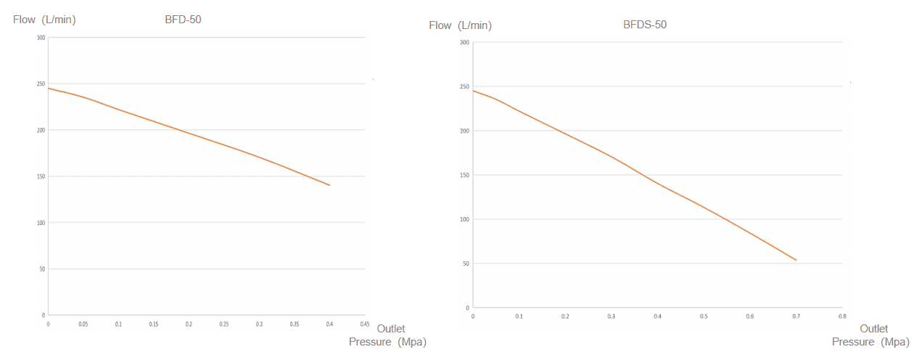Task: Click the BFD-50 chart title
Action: point(183,20)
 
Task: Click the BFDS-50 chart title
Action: point(645,25)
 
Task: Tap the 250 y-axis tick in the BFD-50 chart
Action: point(41,84)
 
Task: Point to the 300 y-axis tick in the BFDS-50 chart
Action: point(465,42)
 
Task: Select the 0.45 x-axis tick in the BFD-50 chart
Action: point(365,324)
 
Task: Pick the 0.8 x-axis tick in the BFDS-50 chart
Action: point(842,316)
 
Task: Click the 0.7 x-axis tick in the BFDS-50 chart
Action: point(796,316)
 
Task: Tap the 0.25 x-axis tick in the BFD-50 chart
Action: point(224,324)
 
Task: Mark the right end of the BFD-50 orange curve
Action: point(330,185)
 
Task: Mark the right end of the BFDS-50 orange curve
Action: point(797,261)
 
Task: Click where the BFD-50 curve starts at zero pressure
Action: point(48,88)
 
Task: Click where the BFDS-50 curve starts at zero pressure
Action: point(472,90)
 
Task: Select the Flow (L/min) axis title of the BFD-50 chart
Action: point(44,20)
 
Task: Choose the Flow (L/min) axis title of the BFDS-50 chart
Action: point(460,25)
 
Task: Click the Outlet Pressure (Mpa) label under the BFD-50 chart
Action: point(388,335)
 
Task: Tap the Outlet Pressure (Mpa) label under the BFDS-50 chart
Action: point(871,335)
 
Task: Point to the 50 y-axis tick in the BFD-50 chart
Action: point(42,269)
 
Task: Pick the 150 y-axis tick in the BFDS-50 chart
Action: point(465,175)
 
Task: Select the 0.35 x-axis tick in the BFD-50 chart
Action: point(295,324)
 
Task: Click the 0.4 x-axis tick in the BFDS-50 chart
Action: point(657,316)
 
